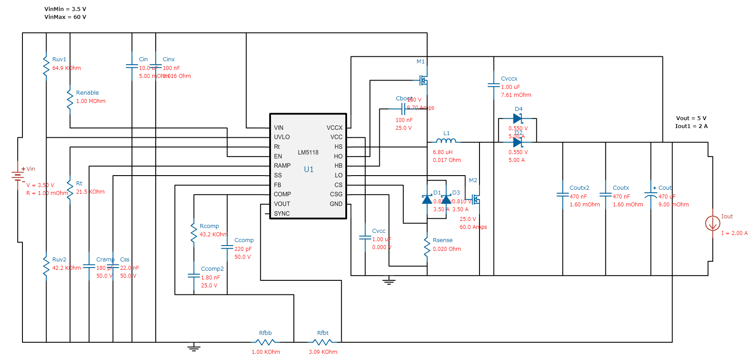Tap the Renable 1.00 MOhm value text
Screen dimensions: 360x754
click(x=91, y=101)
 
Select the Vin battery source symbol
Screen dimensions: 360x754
click(x=18, y=176)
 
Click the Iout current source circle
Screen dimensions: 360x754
click(x=712, y=224)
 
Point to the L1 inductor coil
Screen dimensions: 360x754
click(x=446, y=141)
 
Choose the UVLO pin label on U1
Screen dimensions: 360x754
click(x=282, y=137)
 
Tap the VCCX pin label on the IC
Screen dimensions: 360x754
click(x=334, y=128)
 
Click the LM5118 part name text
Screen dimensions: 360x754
click(x=308, y=153)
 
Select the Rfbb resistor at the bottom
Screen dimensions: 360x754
click(x=265, y=342)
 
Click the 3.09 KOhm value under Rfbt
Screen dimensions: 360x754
click(x=323, y=352)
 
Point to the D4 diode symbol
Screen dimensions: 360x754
click(x=518, y=118)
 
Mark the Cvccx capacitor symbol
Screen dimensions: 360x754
click(x=494, y=85)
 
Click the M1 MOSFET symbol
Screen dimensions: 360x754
click(x=424, y=80)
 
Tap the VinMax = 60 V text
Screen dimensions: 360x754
click(x=65, y=17)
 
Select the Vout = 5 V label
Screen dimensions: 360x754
click(x=691, y=118)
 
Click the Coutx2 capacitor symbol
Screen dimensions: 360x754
click(x=563, y=195)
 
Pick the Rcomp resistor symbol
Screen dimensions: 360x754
click(x=194, y=232)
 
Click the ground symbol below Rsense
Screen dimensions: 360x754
click(x=388, y=281)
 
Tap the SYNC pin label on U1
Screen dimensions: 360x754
click(x=282, y=213)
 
